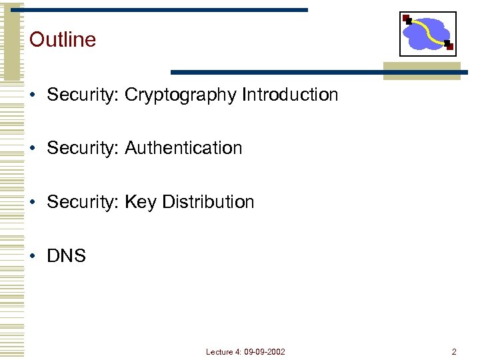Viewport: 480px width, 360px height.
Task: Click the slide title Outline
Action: point(63,39)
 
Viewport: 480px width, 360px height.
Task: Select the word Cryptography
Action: point(181,95)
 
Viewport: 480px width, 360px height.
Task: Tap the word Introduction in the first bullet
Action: point(290,95)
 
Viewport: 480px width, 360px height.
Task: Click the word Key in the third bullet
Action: point(140,202)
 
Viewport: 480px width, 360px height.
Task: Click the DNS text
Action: point(66,256)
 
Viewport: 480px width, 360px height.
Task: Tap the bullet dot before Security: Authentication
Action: point(33,149)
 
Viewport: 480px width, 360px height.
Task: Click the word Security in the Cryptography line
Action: point(83,95)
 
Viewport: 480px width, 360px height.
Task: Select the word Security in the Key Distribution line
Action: point(83,202)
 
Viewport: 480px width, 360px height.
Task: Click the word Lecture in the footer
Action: point(219,351)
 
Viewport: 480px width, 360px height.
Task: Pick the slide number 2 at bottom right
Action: point(454,351)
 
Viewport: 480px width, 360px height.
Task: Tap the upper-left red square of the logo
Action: point(406,18)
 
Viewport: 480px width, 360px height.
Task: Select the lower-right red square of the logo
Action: point(450,47)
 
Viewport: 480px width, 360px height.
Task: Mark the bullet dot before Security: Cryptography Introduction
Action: point(33,95)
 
